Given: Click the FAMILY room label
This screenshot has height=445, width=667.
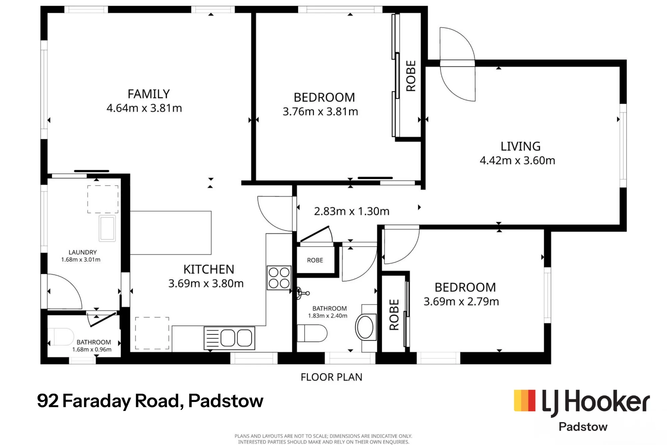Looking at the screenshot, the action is pos(149,94).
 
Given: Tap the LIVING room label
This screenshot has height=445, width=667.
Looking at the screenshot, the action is pos(520,147).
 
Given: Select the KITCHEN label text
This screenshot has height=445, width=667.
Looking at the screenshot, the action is pos(209,269).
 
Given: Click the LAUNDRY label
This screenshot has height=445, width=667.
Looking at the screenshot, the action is pos(83,252).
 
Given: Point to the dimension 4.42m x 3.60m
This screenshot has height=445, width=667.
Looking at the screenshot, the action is pos(517,161).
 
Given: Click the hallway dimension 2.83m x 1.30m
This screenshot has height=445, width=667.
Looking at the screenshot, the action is pos(352,211).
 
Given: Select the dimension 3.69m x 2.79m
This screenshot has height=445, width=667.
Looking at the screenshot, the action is pos(461,302).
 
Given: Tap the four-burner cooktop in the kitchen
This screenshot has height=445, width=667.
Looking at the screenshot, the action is pos(279,278).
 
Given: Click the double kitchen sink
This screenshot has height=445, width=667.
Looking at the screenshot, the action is pos(229,338).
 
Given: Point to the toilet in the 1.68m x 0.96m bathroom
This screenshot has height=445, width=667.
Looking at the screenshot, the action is pos(61,337).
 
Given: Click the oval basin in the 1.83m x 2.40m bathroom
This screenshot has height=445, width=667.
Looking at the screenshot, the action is pos(366,327).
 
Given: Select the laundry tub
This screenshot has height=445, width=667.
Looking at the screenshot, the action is pos(107,228).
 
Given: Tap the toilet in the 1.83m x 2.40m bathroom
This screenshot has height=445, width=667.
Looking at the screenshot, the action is pos(312,333).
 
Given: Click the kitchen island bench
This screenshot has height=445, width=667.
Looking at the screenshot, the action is pos(170,233).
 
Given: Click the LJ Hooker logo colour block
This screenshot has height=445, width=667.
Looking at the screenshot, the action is pos(525,401).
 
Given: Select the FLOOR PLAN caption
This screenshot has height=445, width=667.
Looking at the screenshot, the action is pos(331,377).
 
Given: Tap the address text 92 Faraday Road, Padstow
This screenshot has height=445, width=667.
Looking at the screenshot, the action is pos(150,401).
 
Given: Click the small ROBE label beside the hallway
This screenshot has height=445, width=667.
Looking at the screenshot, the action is pos(315,260).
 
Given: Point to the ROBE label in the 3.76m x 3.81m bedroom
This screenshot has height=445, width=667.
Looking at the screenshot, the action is pos(411,76).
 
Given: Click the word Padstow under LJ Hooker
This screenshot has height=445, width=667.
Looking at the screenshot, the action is pos(583,427).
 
